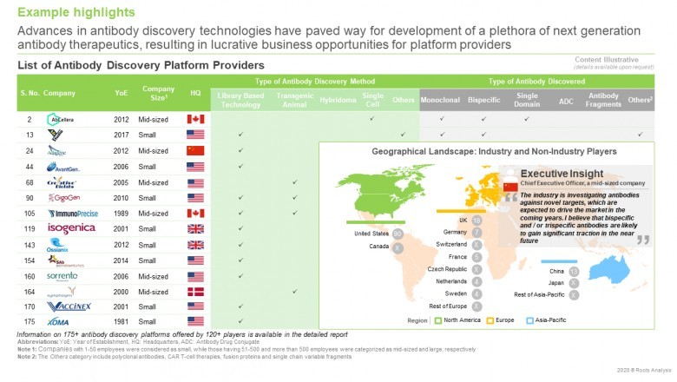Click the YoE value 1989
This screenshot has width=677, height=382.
pyautogui.click(x=123, y=213)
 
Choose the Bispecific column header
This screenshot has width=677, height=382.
pyautogui.click(x=483, y=100)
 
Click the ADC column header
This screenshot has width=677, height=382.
pyautogui.click(x=567, y=100)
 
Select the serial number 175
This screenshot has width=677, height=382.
pyautogui.click(x=26, y=322)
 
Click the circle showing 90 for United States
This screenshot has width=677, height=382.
pyautogui.click(x=398, y=234)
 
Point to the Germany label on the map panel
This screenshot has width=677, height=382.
pyautogui.click(x=455, y=233)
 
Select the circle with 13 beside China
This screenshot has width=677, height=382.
pyautogui.click(x=574, y=271)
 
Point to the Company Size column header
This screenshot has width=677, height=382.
pyautogui.click(x=158, y=93)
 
